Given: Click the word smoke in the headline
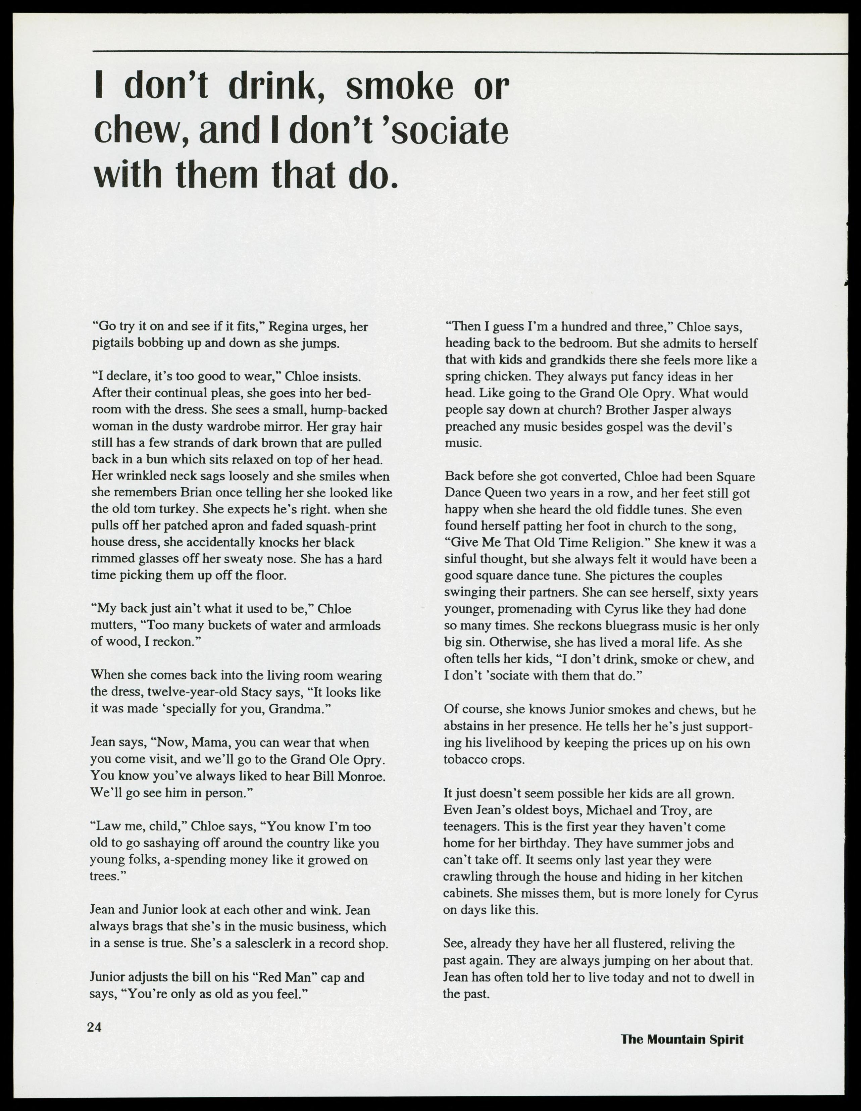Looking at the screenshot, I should [399, 87].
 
